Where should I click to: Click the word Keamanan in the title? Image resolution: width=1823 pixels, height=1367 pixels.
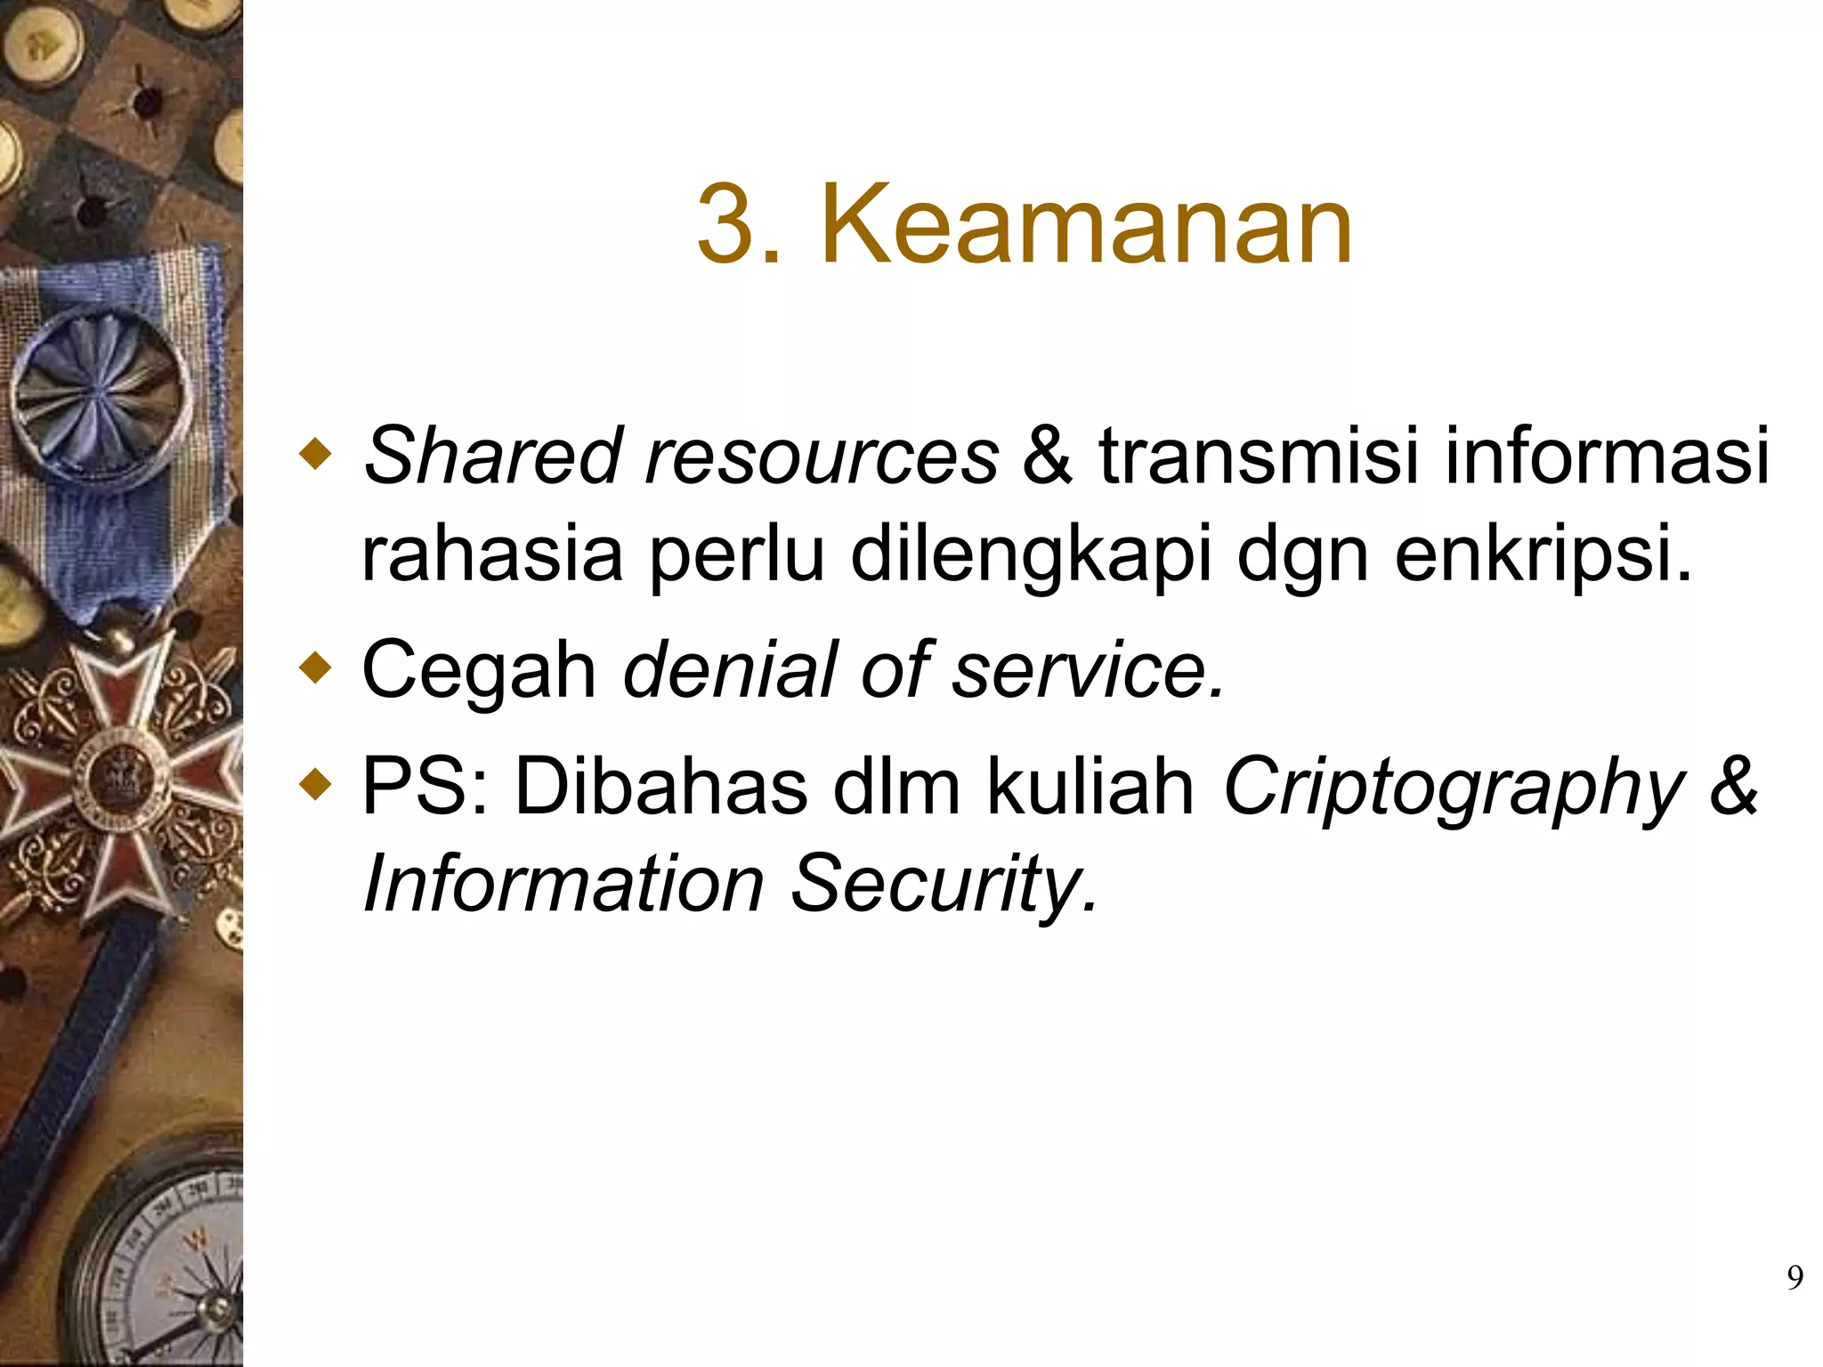(x=1086, y=224)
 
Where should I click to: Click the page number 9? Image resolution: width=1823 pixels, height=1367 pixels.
(x=1795, y=1278)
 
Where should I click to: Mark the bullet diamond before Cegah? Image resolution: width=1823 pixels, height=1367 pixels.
(x=316, y=668)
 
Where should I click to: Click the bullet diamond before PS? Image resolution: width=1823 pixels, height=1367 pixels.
(x=316, y=784)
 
